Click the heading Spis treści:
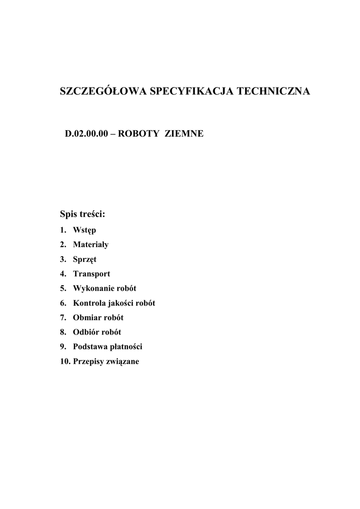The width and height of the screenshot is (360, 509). [83, 215]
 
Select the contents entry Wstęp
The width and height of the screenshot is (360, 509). [85, 231]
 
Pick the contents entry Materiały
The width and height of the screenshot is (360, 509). [90, 245]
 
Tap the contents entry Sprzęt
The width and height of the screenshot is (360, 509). [85, 259]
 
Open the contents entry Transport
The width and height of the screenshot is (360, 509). [91, 274]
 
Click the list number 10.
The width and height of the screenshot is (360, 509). [64, 361]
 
